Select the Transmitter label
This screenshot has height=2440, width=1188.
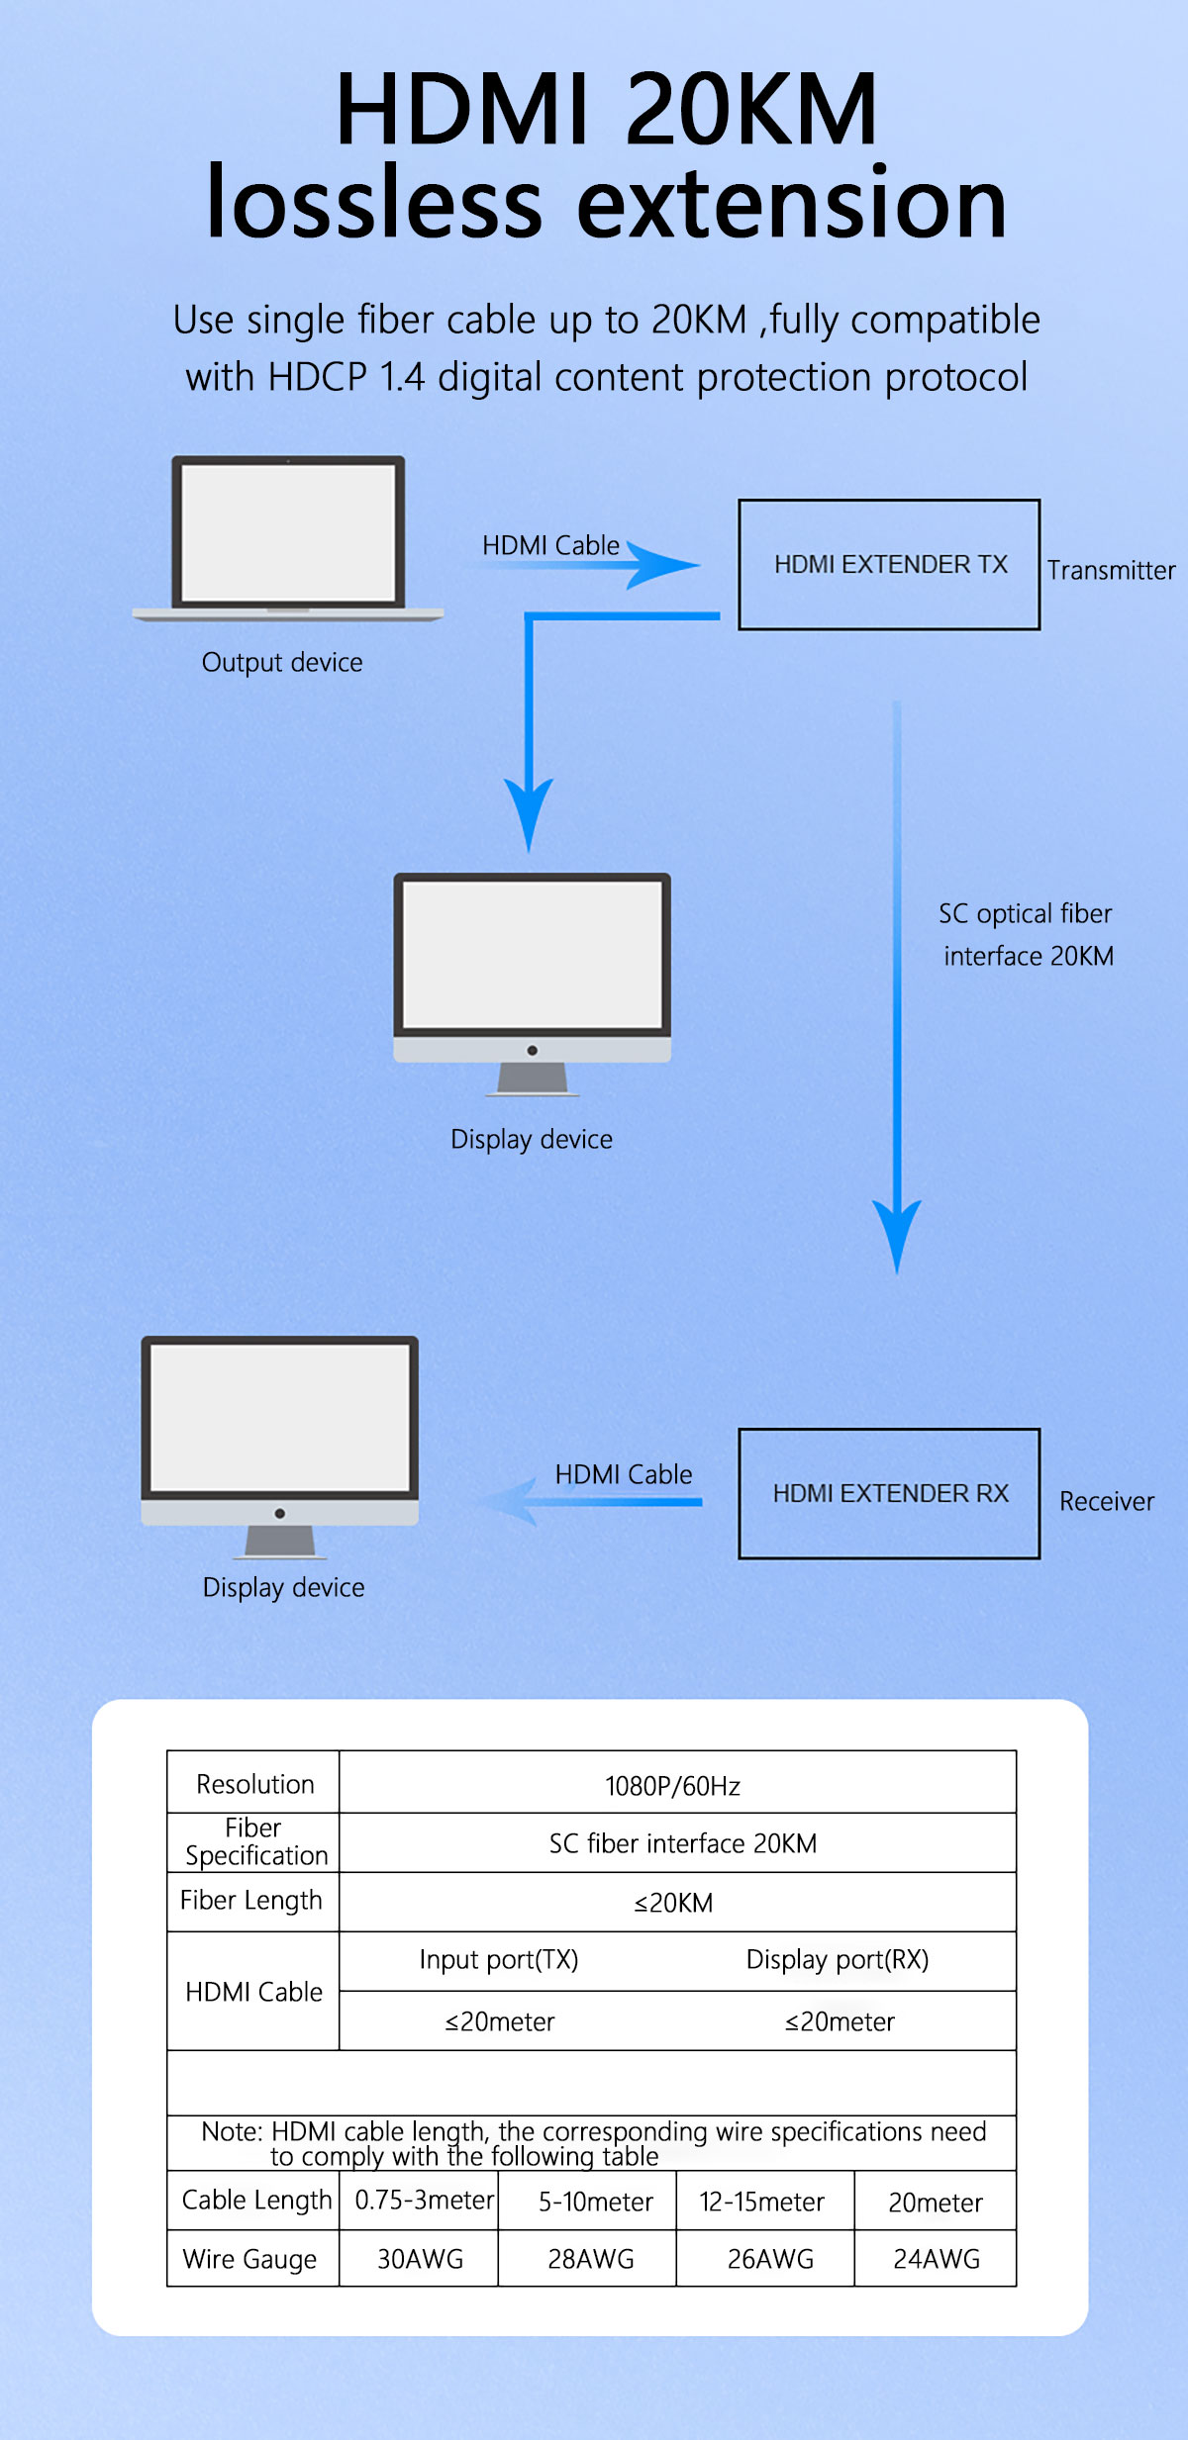[x=1111, y=570]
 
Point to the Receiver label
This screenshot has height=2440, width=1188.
[x=1107, y=1501]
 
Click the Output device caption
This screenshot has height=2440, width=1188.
[x=282, y=662]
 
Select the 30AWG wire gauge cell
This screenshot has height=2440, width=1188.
[x=420, y=2259]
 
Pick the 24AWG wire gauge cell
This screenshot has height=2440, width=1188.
[x=937, y=2259]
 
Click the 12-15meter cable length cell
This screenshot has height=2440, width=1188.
[x=762, y=2202]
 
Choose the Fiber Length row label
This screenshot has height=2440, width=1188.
[x=251, y=1901]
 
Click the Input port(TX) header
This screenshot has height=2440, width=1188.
[x=499, y=1960]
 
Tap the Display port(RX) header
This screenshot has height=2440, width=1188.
[x=838, y=1960]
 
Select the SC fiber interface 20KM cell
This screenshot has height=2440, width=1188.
[x=683, y=1843]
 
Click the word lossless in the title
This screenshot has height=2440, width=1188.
[x=374, y=202]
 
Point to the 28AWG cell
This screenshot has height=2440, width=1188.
[x=591, y=2259]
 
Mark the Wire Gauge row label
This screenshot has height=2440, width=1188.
[x=249, y=2260]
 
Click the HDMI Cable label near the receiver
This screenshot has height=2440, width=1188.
[x=624, y=1474]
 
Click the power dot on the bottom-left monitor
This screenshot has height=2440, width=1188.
[x=280, y=1513]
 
